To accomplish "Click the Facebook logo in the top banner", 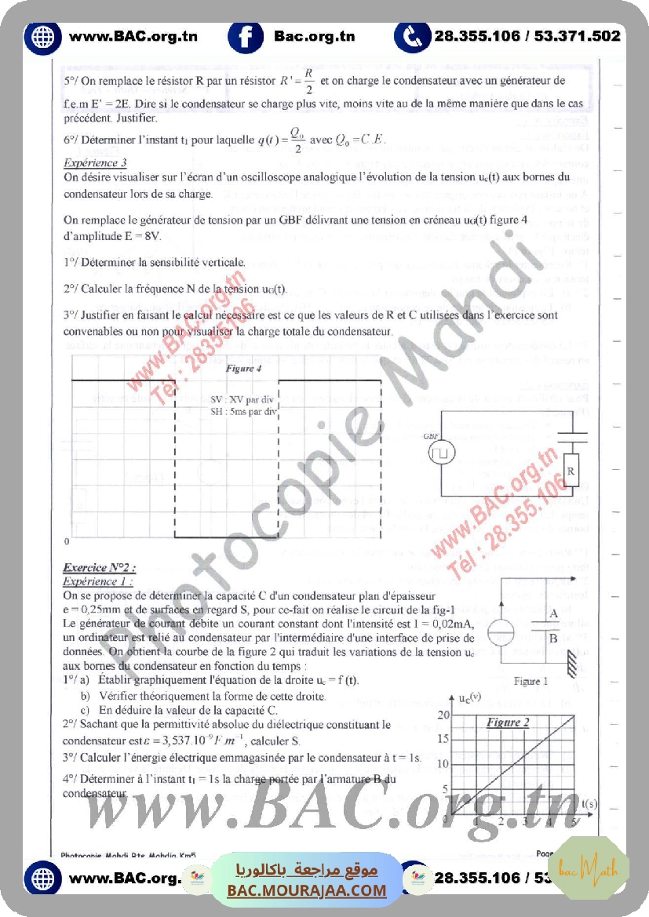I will [246, 36].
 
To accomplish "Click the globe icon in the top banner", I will [42, 36].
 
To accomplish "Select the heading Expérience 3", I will [95, 163].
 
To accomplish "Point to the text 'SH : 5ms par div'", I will [244, 410].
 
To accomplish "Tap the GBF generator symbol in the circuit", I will [442, 453].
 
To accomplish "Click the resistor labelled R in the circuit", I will [571, 471].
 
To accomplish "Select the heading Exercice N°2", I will [100, 567].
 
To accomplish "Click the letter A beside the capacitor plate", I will [554, 613].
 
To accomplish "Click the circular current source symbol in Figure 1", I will [499, 634].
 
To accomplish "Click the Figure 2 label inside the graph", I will [508, 721].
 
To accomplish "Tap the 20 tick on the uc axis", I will [444, 715].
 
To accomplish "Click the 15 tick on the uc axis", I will [444, 739].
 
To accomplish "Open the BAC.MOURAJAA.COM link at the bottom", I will [307, 890].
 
